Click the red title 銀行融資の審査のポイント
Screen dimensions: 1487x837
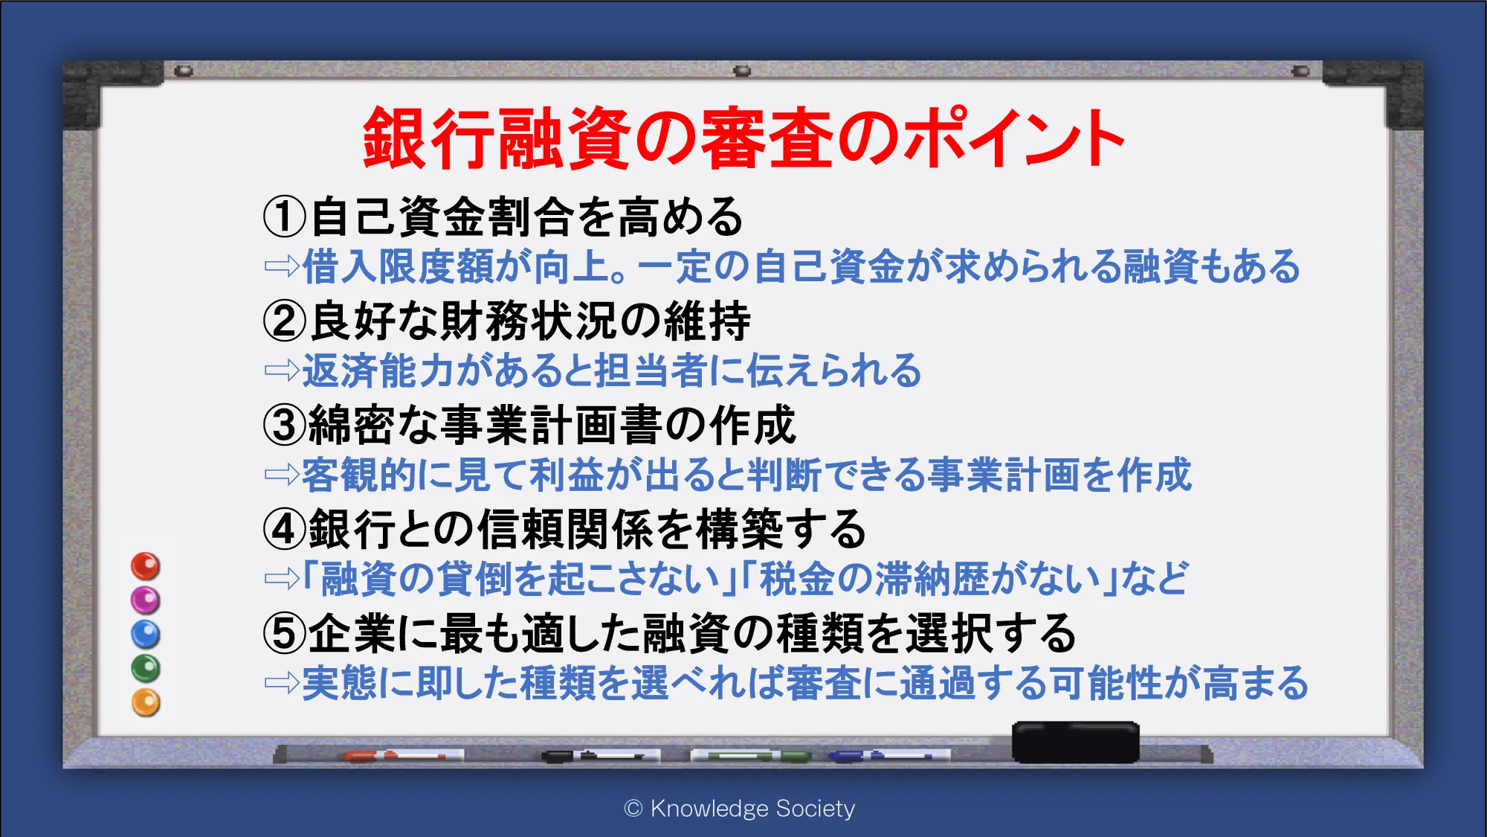coord(743,138)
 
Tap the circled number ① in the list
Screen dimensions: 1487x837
coord(285,217)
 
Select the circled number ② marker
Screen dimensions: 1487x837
coord(285,321)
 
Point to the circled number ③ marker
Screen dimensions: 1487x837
coord(285,425)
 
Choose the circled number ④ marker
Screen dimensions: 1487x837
coord(285,529)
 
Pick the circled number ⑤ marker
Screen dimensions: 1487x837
coord(285,633)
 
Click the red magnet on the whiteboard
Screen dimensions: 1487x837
coord(146,566)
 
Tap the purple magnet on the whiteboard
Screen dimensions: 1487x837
coord(146,600)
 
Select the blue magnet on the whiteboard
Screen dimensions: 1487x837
coord(146,634)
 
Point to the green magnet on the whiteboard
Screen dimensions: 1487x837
coord(146,668)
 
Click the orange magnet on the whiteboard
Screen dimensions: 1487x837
coord(146,702)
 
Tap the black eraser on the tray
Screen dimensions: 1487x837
coord(1076,742)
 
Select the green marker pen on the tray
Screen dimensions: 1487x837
coord(751,756)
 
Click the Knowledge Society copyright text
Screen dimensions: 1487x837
coord(740,808)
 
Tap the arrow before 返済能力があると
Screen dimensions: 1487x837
coord(282,370)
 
